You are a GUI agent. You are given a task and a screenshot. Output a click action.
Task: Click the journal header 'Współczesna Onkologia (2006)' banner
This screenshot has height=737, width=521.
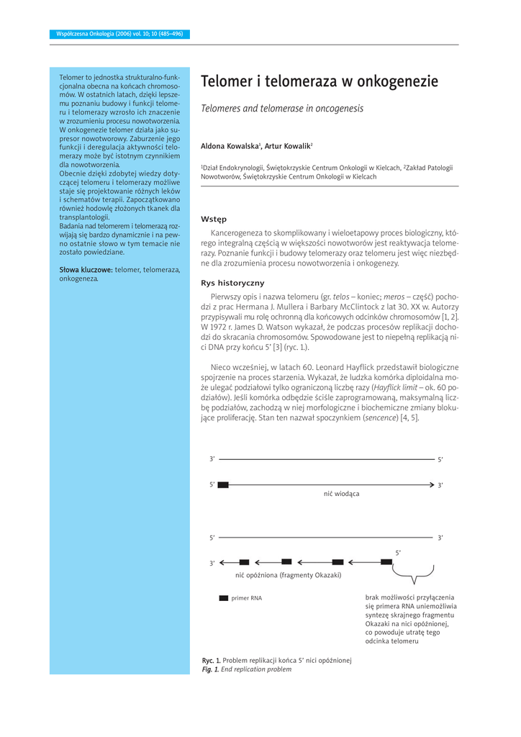119,34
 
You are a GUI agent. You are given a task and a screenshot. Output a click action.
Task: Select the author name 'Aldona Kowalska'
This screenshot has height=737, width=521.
230,146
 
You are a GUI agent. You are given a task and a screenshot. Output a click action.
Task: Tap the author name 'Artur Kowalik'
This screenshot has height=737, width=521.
287,146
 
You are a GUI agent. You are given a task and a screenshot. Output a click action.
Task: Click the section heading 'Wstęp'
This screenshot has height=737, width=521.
214,219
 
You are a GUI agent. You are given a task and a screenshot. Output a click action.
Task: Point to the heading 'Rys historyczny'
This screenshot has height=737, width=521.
232,283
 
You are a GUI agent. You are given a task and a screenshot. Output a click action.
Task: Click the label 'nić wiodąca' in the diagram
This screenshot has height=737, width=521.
341,494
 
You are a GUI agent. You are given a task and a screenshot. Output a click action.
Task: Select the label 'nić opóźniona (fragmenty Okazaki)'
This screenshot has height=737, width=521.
288,575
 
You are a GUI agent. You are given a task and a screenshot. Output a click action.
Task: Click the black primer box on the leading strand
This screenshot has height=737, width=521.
223,485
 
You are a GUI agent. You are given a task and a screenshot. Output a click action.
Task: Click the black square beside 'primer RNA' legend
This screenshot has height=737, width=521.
223,598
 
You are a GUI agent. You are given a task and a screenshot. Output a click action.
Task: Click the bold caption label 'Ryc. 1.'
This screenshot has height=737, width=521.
211,660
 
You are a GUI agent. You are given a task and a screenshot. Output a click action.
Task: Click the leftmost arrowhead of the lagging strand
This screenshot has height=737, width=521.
223,562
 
